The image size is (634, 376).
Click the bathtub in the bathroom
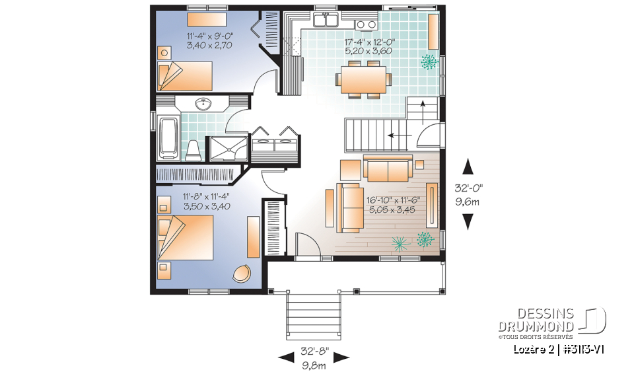168,137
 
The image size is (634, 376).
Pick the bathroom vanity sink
203,103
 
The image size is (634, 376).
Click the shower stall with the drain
229,149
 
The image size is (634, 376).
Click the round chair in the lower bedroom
242,273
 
